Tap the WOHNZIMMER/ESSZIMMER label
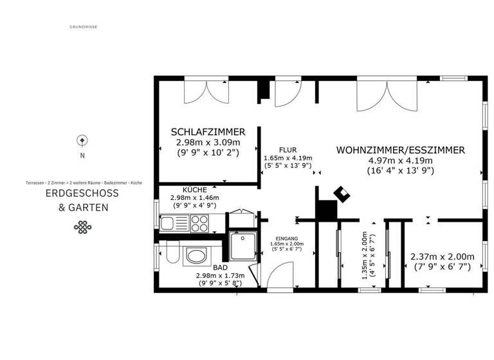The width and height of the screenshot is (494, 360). [400, 150]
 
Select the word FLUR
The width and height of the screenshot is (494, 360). [288, 150]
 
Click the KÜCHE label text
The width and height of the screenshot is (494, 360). [194, 190]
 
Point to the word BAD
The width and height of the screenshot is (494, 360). [220, 267]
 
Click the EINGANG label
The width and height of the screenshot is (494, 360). [286, 237]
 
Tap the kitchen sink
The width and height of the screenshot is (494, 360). [169, 223]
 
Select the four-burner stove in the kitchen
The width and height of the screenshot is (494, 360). [197, 223]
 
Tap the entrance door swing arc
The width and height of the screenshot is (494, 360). [278, 278]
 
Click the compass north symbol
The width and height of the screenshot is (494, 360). [82, 140]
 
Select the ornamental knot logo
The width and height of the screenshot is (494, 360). [82, 226]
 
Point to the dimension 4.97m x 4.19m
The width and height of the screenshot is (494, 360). [400, 161]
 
